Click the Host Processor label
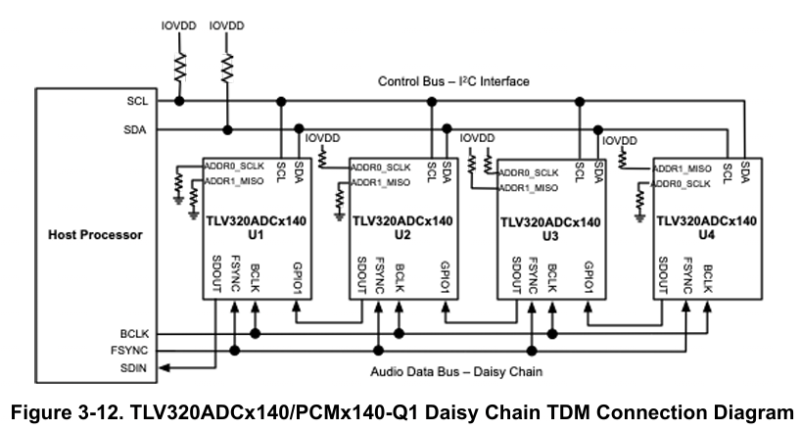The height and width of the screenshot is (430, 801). (95, 235)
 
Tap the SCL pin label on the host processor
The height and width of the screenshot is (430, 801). (137, 101)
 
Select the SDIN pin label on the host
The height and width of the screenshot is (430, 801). (133, 367)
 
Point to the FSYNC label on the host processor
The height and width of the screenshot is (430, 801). (129, 351)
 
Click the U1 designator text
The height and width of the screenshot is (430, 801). (256, 235)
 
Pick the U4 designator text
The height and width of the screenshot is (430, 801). (706, 235)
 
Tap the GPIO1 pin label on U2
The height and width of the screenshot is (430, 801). (445, 277)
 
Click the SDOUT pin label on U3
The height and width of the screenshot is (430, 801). (516, 275)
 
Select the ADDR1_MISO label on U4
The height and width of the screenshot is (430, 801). (683, 168)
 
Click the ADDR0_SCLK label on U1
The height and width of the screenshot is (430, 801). (234, 166)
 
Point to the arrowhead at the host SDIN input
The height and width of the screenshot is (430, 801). (165, 367)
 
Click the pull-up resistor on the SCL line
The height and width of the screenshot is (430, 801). (179, 67)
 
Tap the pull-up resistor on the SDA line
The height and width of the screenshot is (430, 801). (227, 68)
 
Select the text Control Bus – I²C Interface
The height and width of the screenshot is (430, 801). (453, 81)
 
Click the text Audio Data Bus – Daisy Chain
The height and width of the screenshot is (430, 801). (456, 371)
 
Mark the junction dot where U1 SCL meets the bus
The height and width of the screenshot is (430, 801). (281, 102)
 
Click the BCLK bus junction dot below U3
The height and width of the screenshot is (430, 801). (552, 334)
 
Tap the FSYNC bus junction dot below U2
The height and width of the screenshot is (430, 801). (379, 351)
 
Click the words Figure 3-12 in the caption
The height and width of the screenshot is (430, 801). (67, 412)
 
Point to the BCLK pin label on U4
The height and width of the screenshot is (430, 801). (708, 279)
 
